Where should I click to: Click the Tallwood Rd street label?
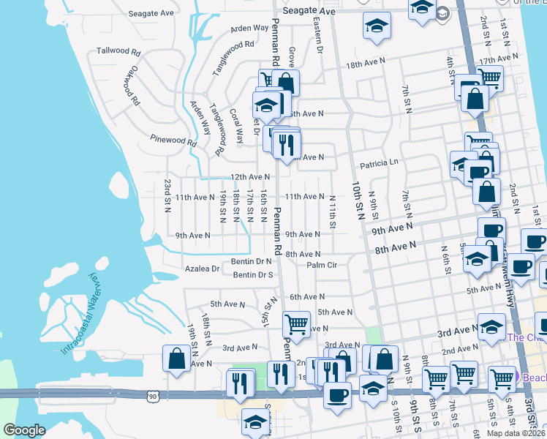[x=118, y=51]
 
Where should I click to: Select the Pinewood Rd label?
[x=173, y=140]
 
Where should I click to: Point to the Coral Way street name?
[x=238, y=126]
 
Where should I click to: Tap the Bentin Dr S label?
[x=253, y=275]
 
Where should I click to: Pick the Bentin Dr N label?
[x=253, y=261]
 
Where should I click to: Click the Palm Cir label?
[x=322, y=266]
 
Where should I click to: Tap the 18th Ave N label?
[x=365, y=65]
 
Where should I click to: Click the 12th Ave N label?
[x=251, y=177]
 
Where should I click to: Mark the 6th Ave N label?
[x=307, y=297]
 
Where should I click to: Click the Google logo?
[x=24, y=429]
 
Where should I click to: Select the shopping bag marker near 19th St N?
[x=176, y=359]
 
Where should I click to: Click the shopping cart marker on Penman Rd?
[x=296, y=323]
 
